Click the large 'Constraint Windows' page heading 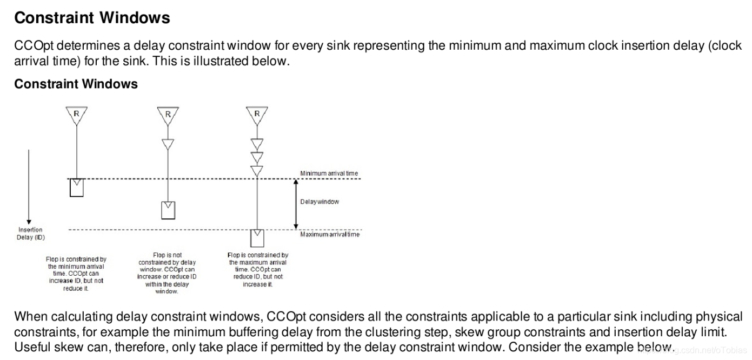point(92,18)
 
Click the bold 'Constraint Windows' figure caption point(76,84)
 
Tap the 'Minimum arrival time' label point(329,174)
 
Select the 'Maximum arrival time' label point(330,234)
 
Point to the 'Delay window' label point(320,202)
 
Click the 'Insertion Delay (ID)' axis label point(30,234)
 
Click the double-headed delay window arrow point(296,204)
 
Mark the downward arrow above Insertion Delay point(29,186)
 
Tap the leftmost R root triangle point(76,115)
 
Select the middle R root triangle point(168,115)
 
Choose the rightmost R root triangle point(257,115)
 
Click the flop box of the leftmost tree point(76,188)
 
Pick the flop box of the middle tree point(168,210)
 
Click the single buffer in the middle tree point(168,144)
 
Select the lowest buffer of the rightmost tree point(257,170)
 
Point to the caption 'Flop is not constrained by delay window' point(167,273)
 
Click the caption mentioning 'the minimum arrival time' point(76,274)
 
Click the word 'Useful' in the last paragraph point(34,346)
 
